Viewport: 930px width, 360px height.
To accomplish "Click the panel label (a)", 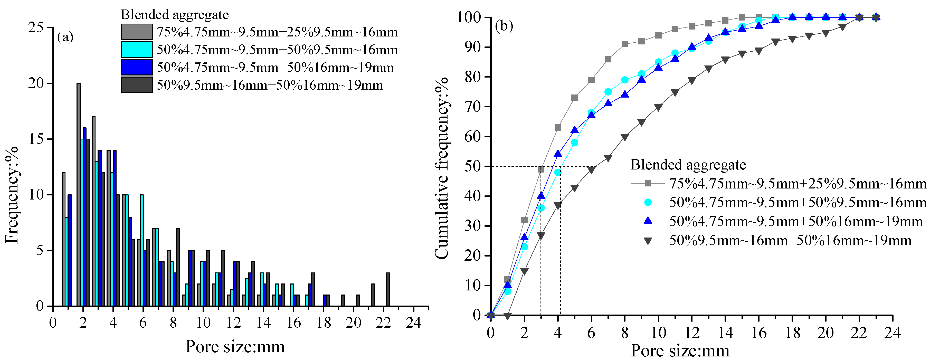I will [x=65, y=37].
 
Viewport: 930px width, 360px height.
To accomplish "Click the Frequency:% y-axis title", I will [x=12, y=195].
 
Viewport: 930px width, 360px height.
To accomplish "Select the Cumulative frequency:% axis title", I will [x=442, y=168].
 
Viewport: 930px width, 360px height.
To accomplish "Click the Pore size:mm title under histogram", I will [x=235, y=347].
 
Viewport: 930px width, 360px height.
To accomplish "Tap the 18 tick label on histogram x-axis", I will [x=324, y=323].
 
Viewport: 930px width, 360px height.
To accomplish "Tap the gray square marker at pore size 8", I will [x=625, y=44].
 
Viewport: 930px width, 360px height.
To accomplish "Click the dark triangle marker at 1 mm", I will [x=508, y=316].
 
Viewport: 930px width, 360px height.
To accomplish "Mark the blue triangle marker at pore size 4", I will [x=558, y=154].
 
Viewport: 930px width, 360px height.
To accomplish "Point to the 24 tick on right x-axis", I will [x=892, y=332].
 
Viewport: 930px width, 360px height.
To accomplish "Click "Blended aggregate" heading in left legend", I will [x=175, y=15].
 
